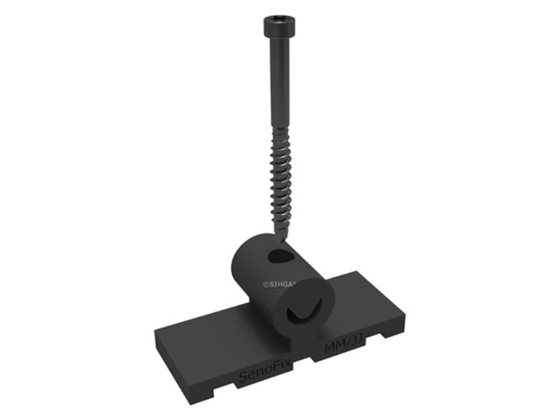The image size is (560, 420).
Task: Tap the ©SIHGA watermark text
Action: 279,285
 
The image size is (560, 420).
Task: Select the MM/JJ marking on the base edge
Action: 344,347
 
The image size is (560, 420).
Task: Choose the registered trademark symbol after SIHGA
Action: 296,283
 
